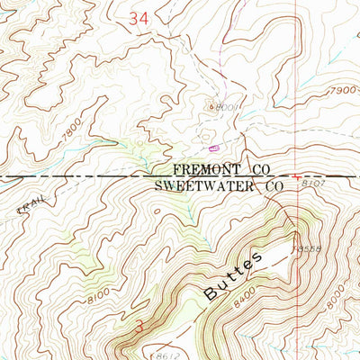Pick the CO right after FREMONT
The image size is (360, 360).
[x=260, y=169]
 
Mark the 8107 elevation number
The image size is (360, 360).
[x=312, y=183]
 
